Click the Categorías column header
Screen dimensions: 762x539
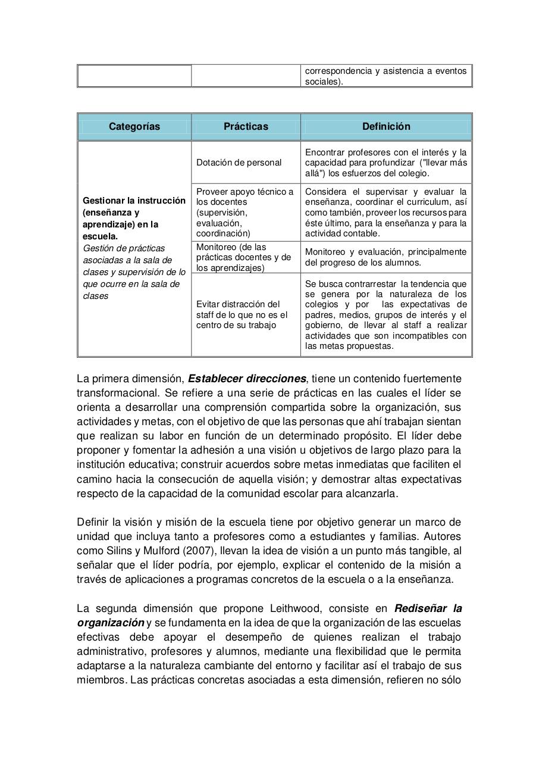click(x=134, y=126)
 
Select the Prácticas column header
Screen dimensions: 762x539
click(x=246, y=126)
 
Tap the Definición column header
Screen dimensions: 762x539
click(x=386, y=126)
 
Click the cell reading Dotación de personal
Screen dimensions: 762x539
click(x=239, y=163)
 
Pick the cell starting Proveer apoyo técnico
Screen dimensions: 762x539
click(x=245, y=212)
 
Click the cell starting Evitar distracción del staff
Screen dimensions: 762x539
click(x=242, y=314)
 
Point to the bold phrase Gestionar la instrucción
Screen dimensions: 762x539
click(x=134, y=201)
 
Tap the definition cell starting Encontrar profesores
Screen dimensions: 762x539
click(x=386, y=163)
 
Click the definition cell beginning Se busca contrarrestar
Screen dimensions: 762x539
click(x=386, y=314)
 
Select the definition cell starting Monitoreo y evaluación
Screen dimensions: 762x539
click(x=386, y=257)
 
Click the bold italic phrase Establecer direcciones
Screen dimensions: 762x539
click(x=247, y=379)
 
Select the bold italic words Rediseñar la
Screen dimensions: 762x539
click(x=428, y=608)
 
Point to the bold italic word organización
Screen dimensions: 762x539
click(x=111, y=623)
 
